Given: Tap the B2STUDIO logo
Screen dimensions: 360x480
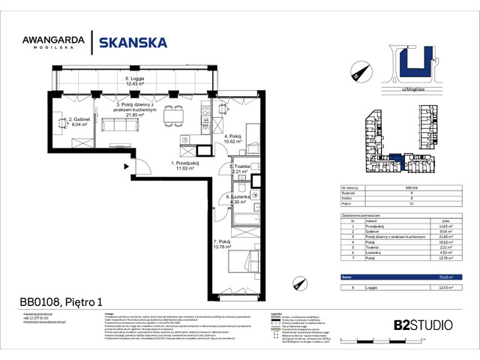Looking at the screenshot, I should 422,325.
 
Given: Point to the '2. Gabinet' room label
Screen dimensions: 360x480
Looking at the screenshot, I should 80,122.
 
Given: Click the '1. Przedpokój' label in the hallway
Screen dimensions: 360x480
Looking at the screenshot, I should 184,165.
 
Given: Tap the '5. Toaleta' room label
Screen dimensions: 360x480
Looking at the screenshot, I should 241,169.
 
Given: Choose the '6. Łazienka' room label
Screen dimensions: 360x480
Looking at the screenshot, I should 241,199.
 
